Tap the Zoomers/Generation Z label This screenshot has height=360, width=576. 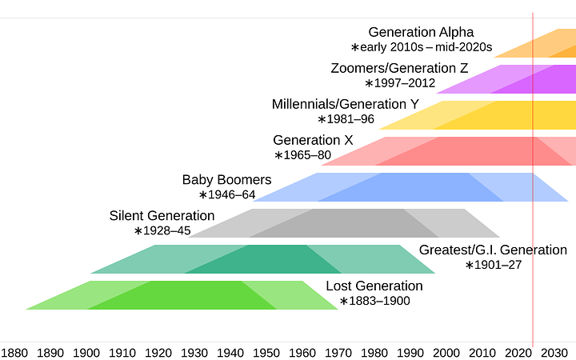pos(399,68)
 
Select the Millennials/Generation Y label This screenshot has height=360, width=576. pos(345,104)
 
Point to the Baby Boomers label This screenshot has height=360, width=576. pos(226,179)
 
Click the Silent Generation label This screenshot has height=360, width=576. pos(162,215)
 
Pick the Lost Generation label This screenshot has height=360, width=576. pos(374,286)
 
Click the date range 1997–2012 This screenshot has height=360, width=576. pos(400,83)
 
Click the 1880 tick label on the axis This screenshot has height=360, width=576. pos(15,352)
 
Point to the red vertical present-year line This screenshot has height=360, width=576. pos(533,240)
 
